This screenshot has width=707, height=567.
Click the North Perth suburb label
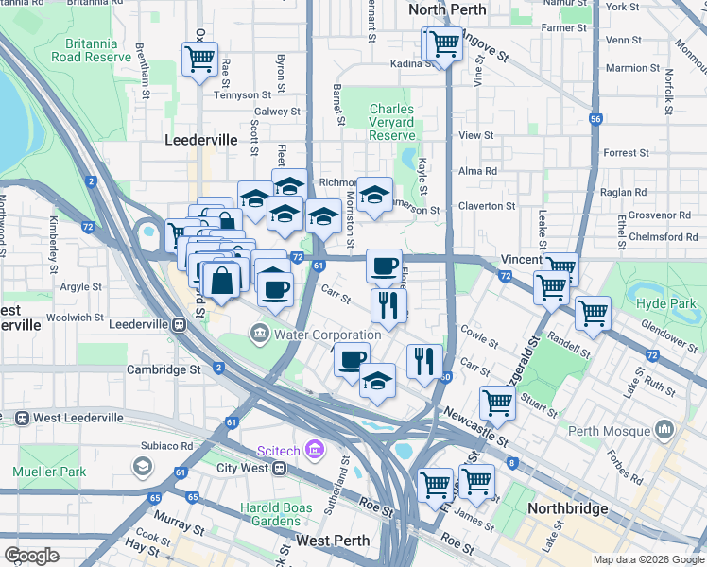[447, 9]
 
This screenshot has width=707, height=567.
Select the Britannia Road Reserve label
[97, 51]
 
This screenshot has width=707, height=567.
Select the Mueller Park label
[49, 472]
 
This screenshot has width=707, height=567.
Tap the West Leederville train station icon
[21, 418]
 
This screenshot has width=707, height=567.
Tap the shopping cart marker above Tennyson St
[199, 59]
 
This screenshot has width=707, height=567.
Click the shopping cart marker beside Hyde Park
[593, 312]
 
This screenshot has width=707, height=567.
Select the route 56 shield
[595, 119]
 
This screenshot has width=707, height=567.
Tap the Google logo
[32, 556]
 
